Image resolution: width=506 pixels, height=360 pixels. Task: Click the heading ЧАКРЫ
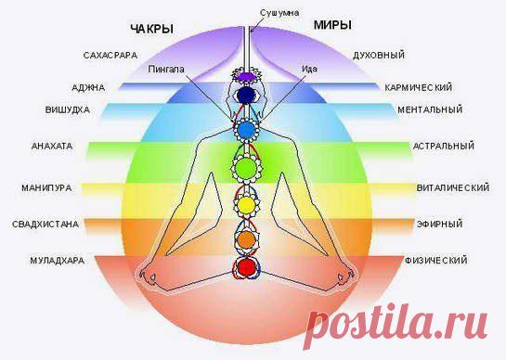coord(152,29)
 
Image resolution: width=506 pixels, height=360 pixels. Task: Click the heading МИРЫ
coord(332,25)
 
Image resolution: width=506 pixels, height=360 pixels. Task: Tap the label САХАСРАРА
coord(110,56)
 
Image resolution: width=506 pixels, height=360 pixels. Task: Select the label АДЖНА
coord(88,88)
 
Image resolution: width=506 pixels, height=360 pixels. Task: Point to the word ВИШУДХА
coord(68,110)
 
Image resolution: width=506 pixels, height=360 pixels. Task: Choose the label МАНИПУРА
coord(46,188)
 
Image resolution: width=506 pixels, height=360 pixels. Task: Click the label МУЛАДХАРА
coord(58,261)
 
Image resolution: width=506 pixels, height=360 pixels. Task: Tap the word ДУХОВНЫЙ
coord(379,56)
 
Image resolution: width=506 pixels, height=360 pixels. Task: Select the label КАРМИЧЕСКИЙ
coord(419,88)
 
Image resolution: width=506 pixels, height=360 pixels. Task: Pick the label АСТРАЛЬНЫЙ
coord(444,146)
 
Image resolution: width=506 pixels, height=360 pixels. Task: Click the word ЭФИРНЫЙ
coord(439,225)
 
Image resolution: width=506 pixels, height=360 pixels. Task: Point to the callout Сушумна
coord(279,13)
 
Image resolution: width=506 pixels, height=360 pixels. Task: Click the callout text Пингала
coord(166,70)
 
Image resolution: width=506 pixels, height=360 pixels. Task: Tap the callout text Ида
coord(309,69)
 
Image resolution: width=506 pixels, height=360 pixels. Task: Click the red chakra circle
coord(247,267)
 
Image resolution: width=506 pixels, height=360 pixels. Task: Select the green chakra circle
coord(246,167)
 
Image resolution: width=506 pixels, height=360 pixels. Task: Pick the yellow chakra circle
coord(246,205)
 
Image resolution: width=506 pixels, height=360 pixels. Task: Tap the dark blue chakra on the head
coord(246,95)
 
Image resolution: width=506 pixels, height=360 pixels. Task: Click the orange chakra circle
coord(247,240)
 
